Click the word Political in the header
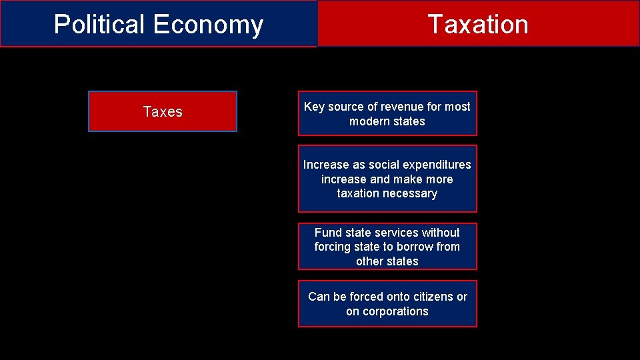click(x=99, y=25)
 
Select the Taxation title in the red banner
click(x=478, y=25)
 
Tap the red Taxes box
click(x=163, y=111)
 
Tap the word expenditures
click(x=436, y=165)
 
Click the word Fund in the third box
click(x=327, y=233)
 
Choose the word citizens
click(x=431, y=297)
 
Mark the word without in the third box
click(x=441, y=233)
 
